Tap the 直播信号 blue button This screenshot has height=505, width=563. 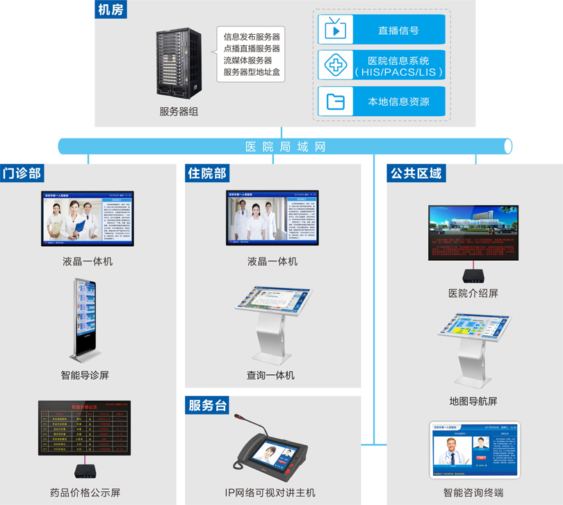pyautogui.click(x=382, y=30)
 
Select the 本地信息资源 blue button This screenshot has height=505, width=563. pyautogui.click(x=382, y=102)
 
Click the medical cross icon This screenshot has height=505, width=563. pyautogui.click(x=336, y=65)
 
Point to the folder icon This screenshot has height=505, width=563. pyautogui.click(x=336, y=102)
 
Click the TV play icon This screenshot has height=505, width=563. pyautogui.click(x=336, y=30)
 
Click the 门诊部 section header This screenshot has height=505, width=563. pyautogui.click(x=22, y=173)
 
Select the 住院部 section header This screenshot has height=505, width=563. pyautogui.click(x=207, y=173)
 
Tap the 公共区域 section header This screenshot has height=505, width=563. pyautogui.click(x=416, y=173)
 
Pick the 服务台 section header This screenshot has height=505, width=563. pyautogui.click(x=207, y=406)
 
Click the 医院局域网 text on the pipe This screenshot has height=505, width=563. pyautogui.click(x=285, y=147)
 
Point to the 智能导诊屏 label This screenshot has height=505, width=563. pyautogui.click(x=85, y=375)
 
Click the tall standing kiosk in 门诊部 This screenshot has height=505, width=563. pyautogui.click(x=85, y=320)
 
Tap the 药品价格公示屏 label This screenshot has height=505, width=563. pyautogui.click(x=85, y=491)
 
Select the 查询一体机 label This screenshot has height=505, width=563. pyautogui.click(x=270, y=375)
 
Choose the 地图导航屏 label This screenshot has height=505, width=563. pyautogui.click(x=473, y=401)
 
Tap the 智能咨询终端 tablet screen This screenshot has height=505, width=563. pyautogui.click(x=473, y=451)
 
